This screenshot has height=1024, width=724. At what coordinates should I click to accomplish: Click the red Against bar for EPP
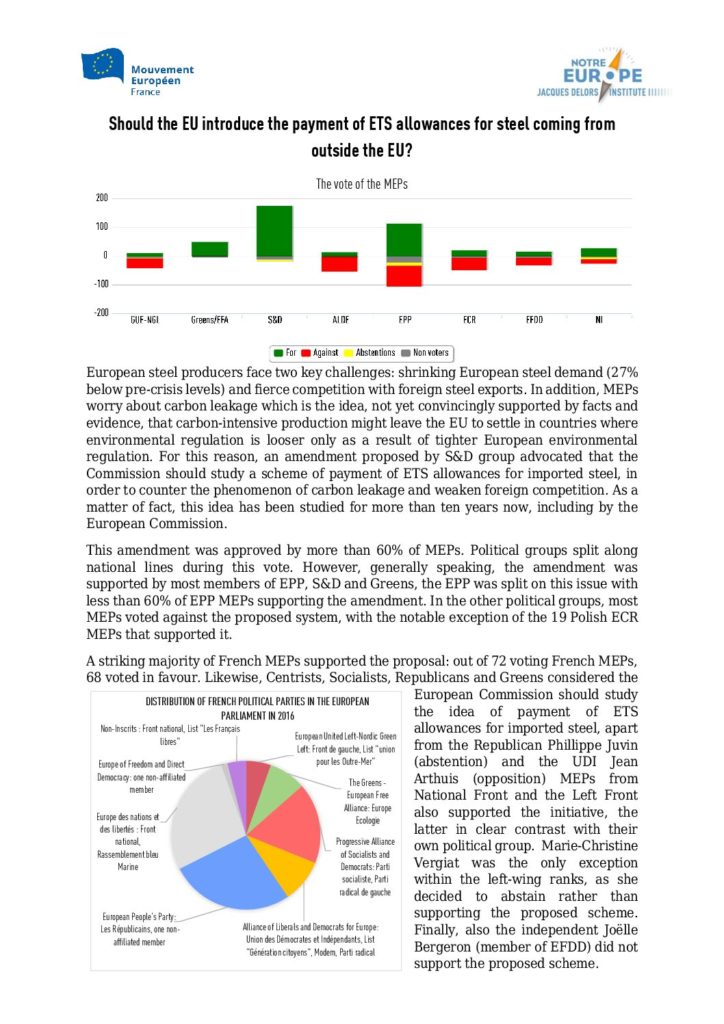404,276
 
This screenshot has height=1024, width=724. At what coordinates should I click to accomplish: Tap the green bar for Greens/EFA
210,249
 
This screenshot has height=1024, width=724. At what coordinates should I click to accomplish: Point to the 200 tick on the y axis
101,198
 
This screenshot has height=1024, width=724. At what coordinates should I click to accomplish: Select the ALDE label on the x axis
340,320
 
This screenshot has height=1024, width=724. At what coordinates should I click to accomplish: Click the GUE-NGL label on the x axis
144,320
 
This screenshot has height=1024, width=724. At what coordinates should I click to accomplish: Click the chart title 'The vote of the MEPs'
362,184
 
